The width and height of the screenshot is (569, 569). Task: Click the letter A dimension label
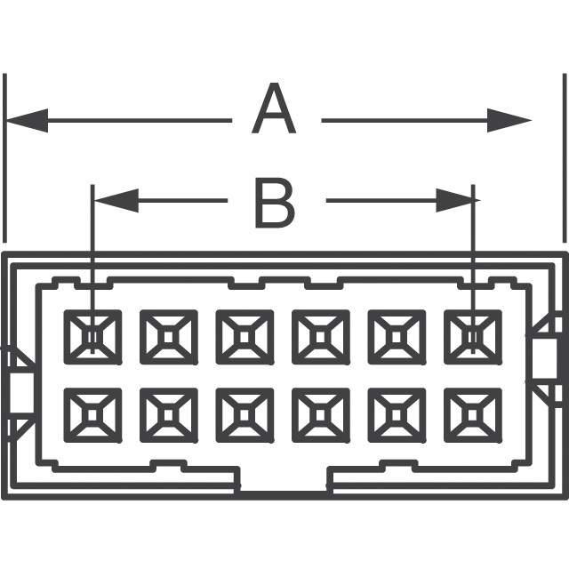274,108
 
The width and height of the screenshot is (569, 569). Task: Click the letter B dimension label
275,203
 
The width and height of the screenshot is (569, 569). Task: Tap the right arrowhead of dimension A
509,121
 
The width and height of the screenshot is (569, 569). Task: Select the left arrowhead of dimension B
116,201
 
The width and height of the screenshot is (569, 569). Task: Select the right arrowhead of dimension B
458,201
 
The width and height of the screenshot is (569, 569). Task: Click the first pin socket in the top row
92,337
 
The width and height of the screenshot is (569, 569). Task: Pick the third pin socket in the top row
244,337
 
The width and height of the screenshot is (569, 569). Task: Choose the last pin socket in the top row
473,337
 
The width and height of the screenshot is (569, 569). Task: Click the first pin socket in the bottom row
92,415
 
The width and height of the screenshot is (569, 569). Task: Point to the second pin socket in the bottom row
169,415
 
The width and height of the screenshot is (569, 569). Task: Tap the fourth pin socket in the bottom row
321,415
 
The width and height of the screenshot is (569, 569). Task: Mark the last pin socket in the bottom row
473,415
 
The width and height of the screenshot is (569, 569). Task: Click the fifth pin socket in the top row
397,337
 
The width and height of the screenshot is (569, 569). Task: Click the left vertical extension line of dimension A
4,158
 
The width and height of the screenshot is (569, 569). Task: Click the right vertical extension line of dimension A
565,158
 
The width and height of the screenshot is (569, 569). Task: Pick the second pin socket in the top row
169,337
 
